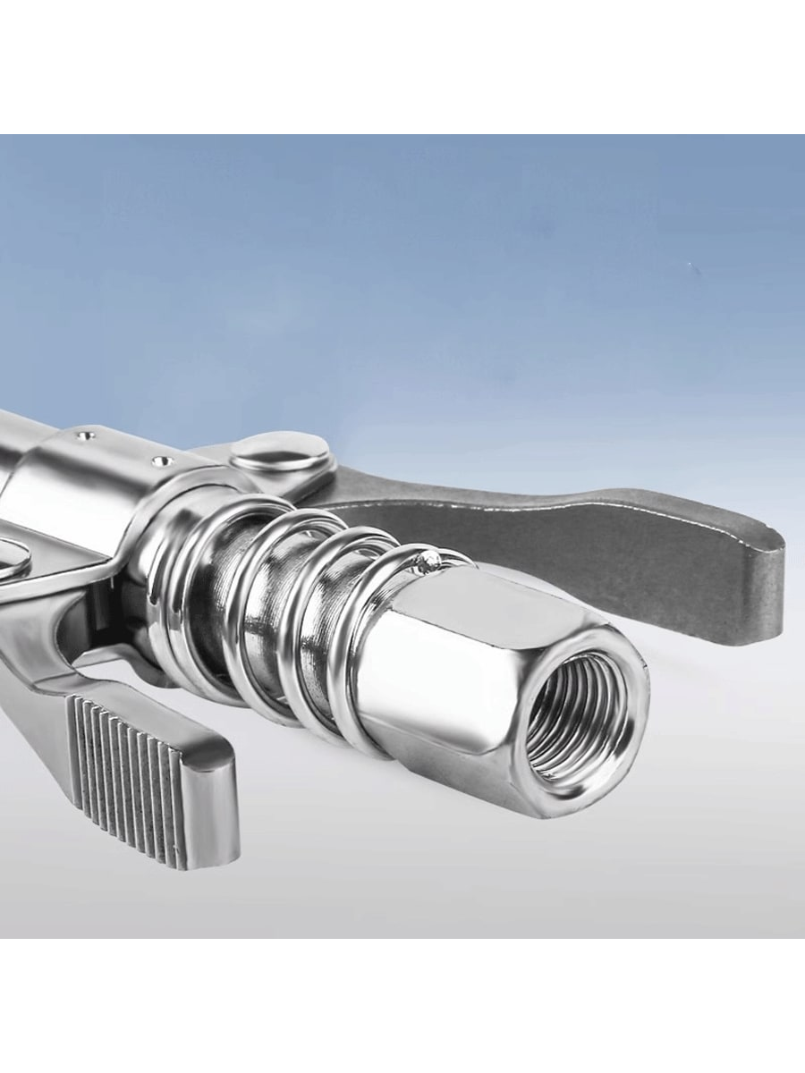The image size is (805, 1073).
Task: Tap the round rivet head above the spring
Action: pos(277,452)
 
